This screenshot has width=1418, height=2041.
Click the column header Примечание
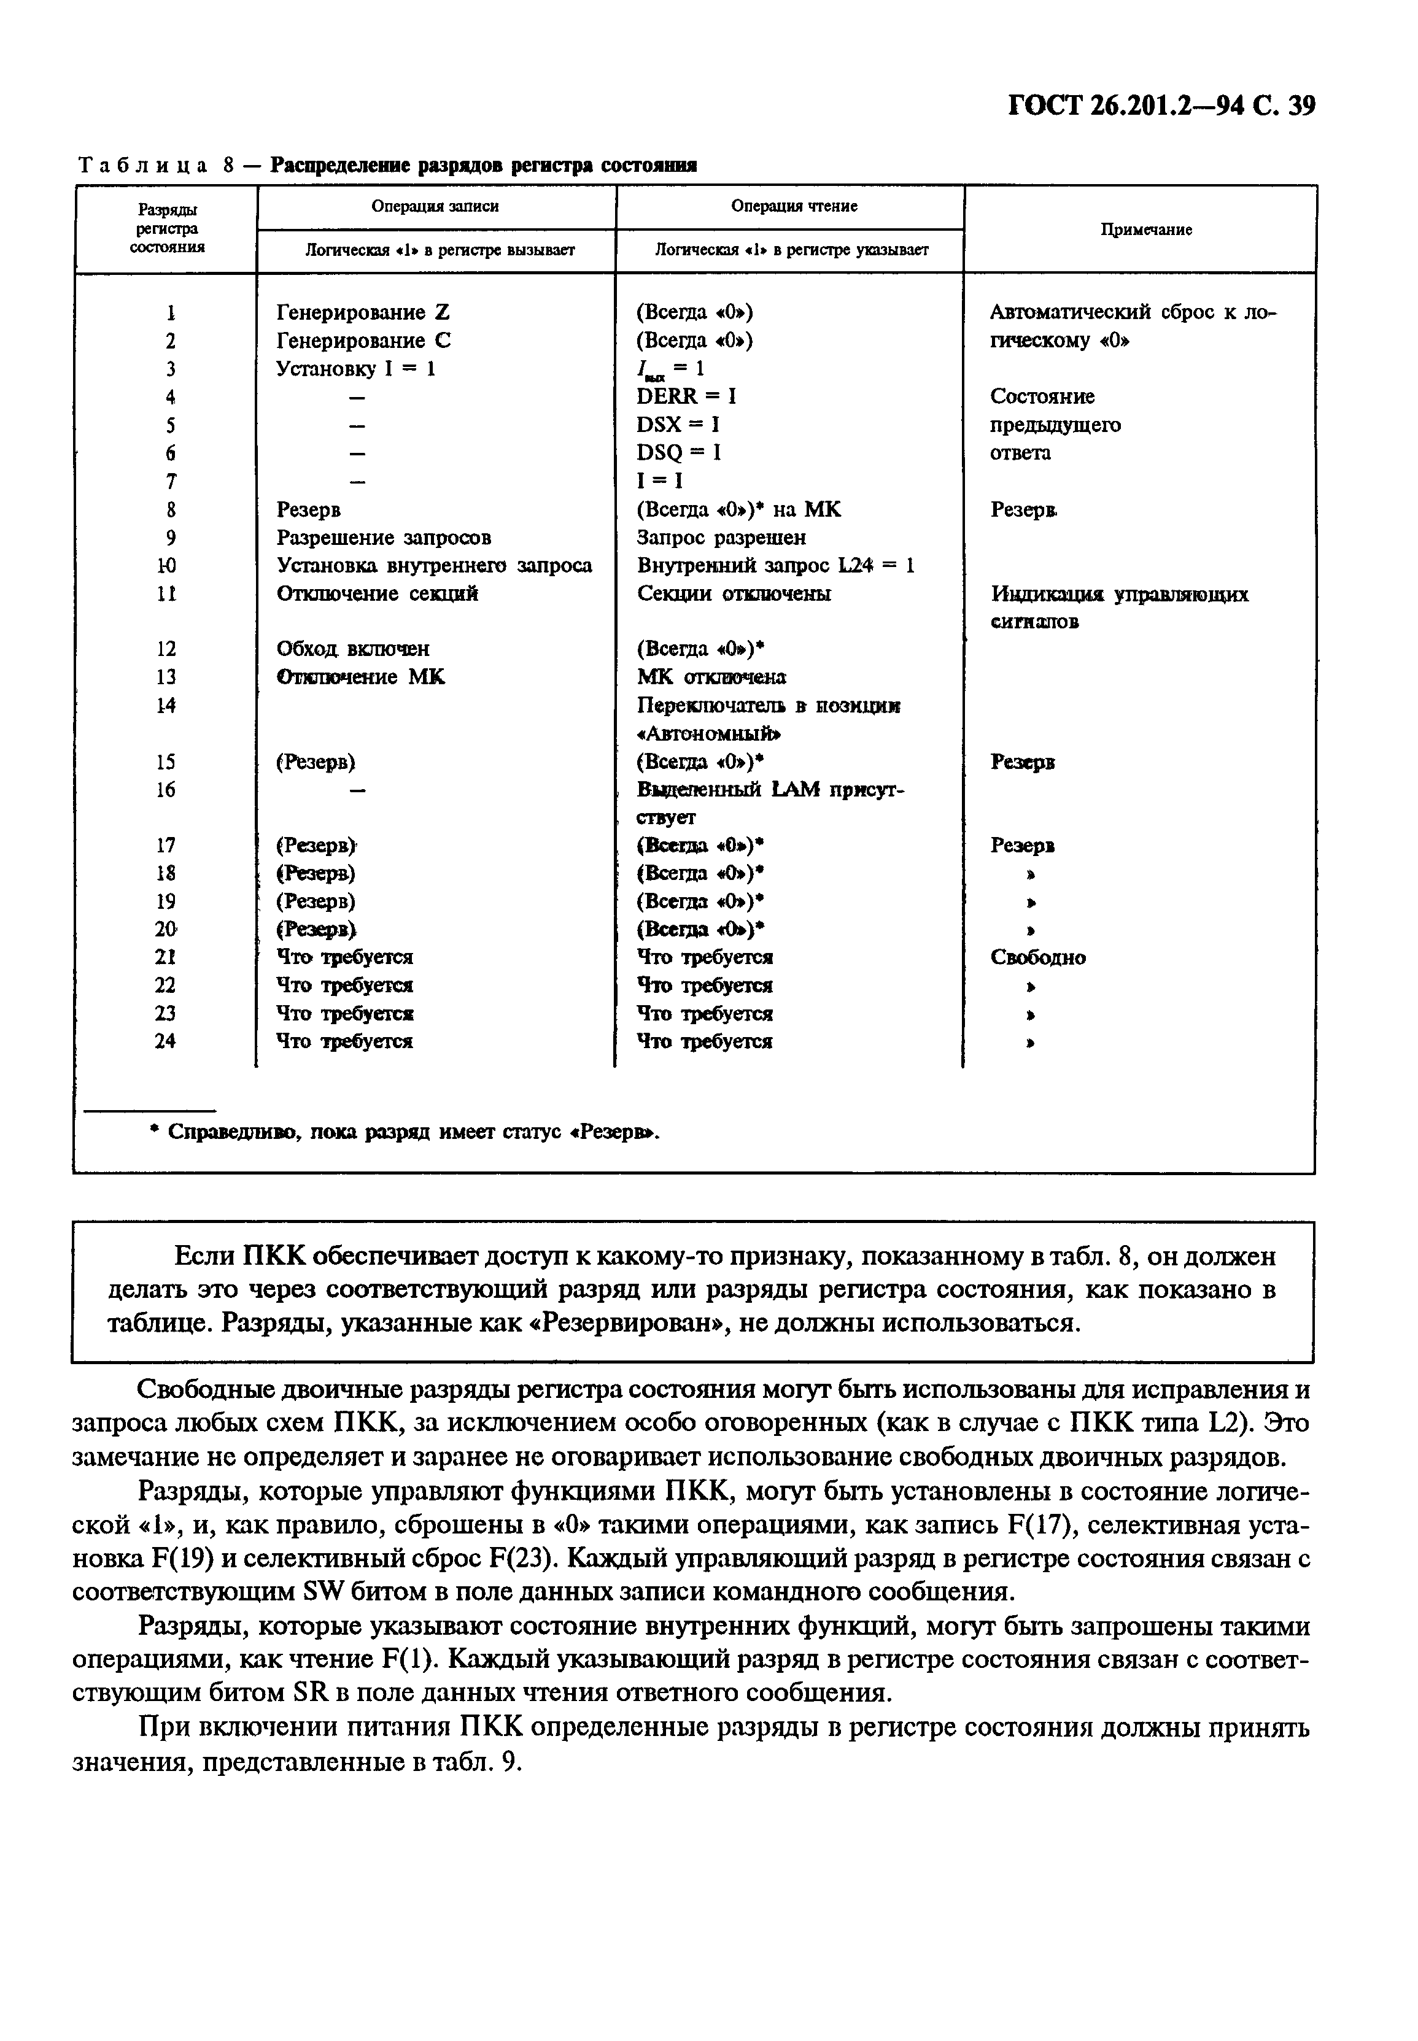1146,230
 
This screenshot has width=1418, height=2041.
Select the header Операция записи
435,206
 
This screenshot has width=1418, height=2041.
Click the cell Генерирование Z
363,312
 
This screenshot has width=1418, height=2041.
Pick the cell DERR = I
686,397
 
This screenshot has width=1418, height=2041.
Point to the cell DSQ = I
679,453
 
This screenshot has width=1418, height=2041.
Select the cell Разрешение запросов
384,538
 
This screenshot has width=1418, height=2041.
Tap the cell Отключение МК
361,677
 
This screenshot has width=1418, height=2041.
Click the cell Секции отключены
734,593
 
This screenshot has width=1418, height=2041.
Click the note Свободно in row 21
1038,957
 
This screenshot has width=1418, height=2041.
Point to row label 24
165,1041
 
